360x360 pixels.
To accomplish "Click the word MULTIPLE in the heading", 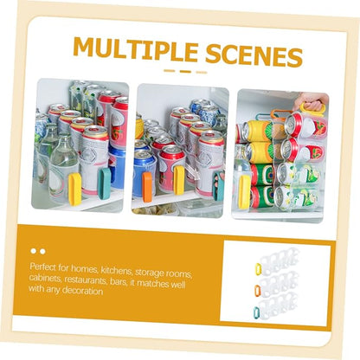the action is point(135,49).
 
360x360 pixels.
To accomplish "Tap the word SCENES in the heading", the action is point(254,55).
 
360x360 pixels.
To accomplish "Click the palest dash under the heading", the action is point(202,72).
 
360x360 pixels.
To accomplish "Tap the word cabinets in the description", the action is point(45,278).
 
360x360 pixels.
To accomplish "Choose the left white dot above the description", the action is point(34,251).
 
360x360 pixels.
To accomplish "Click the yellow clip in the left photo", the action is point(75,190).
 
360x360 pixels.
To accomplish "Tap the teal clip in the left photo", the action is point(104,183).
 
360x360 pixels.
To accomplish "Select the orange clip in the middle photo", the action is point(147,187).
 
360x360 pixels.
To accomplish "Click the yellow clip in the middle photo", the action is point(179,180).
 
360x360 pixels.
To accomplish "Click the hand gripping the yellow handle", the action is point(310,102).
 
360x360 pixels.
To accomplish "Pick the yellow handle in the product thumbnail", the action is point(258,268).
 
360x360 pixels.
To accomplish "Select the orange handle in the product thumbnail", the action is point(257,291).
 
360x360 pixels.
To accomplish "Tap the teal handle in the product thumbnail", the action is point(256,313).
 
